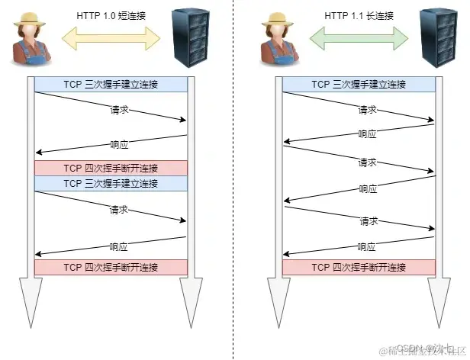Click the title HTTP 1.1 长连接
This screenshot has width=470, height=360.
tap(359, 15)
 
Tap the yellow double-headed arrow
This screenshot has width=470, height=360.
tap(111, 36)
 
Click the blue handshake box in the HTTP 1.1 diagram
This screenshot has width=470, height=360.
tap(359, 84)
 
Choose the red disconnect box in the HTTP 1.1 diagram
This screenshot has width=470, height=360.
tap(359, 267)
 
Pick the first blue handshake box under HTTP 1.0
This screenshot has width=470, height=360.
tap(111, 84)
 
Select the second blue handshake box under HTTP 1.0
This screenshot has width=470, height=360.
tap(111, 183)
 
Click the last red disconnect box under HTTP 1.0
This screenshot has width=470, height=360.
tap(111, 267)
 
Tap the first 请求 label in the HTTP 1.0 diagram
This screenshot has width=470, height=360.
tap(118, 110)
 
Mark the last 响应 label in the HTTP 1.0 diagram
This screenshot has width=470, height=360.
tap(118, 246)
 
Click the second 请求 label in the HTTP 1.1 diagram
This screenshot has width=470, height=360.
tap(367, 163)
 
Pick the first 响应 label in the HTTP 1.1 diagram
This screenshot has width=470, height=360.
tap(367, 133)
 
